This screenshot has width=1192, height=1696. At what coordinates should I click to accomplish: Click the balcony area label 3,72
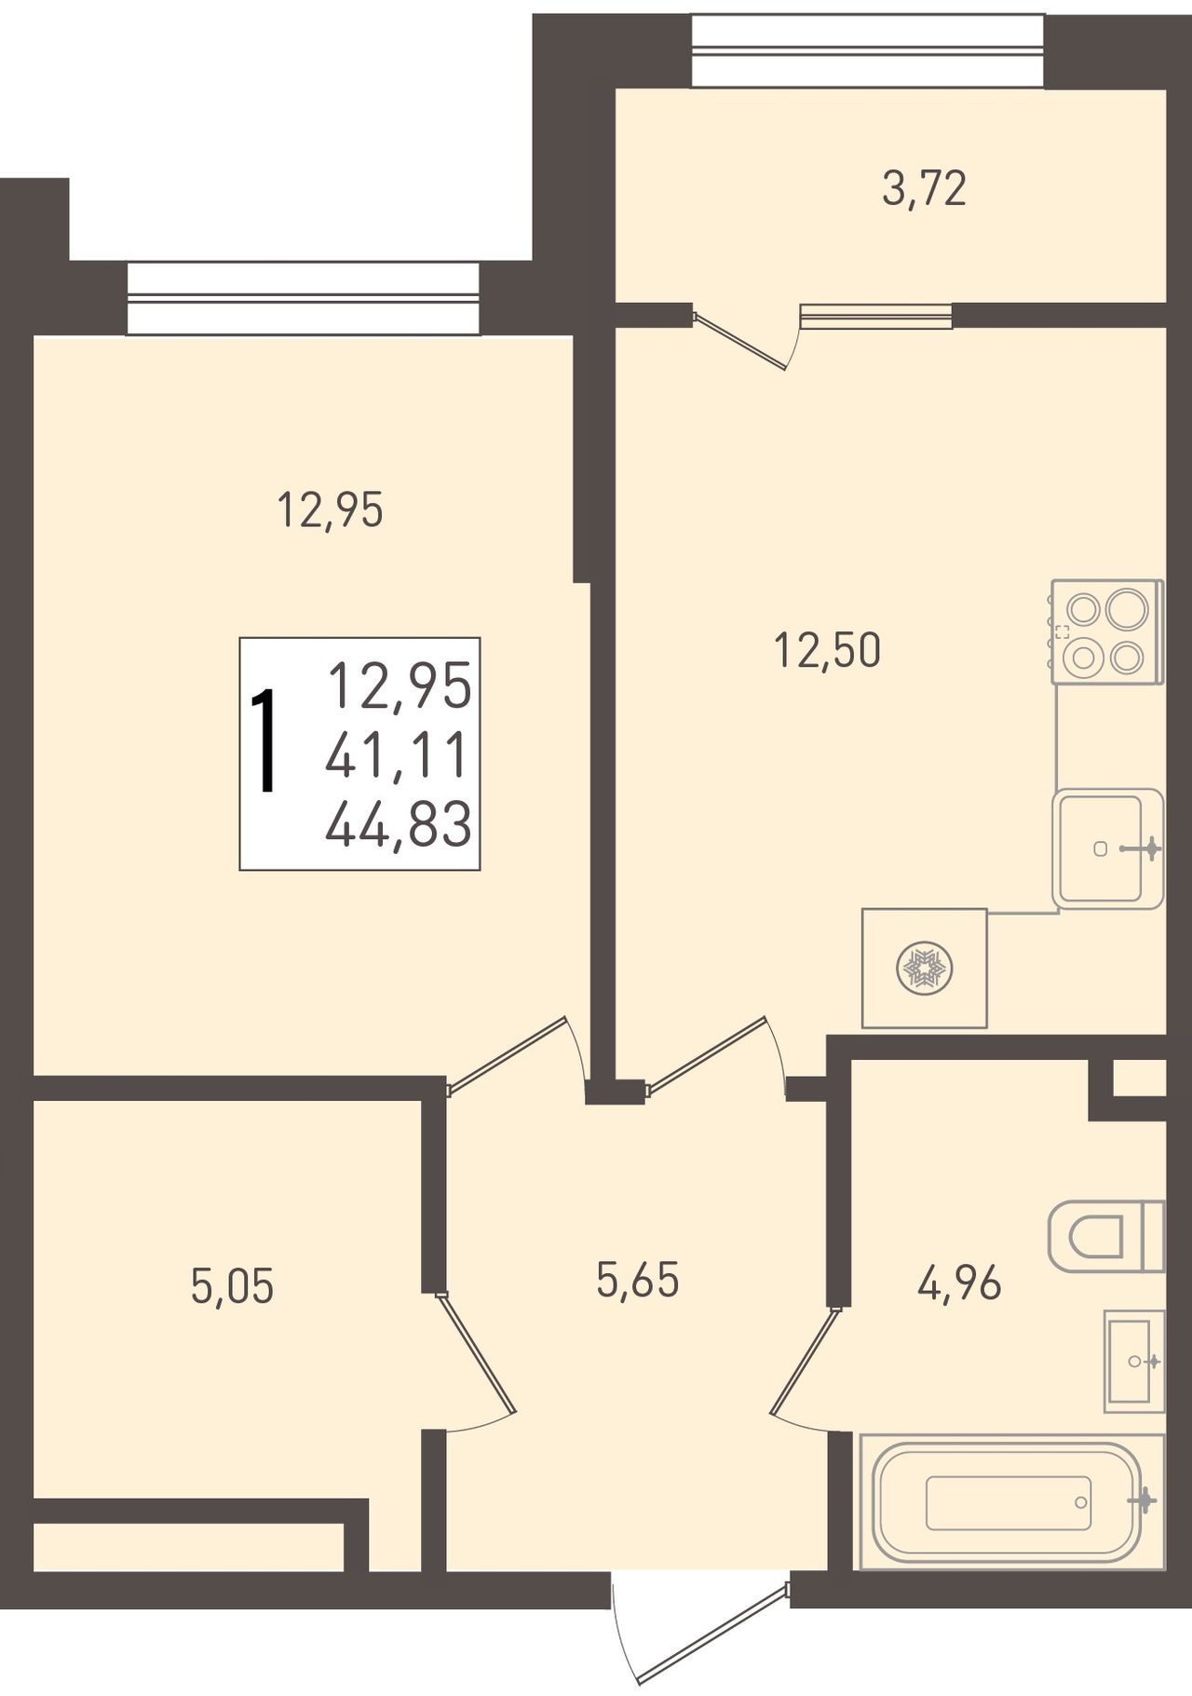point(924,189)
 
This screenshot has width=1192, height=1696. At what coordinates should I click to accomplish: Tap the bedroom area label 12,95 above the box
point(331,510)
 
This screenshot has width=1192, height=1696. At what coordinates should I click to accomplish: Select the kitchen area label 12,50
point(827,650)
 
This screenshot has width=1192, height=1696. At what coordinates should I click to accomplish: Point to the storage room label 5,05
point(232,1287)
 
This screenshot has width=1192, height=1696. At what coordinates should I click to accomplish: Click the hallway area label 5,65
point(638,1280)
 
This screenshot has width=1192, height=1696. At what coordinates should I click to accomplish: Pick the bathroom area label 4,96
point(959,1284)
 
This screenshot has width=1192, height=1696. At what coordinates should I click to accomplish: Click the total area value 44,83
point(399,826)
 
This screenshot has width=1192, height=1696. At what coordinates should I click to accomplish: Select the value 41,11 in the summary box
point(396,756)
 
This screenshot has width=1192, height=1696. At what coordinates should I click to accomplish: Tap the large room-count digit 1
point(265,740)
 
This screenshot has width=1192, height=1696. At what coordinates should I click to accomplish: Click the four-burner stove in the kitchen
point(1107,631)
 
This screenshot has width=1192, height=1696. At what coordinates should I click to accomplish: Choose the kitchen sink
point(1108,848)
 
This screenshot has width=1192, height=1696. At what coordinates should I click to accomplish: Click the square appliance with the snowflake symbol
point(924,968)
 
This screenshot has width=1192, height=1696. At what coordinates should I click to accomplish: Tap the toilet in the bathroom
point(1106,1236)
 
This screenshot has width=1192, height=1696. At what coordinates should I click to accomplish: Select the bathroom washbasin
point(1134,1361)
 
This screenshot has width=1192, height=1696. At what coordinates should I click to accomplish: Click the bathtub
point(1011,1501)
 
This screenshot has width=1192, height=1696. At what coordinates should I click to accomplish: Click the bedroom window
point(303,297)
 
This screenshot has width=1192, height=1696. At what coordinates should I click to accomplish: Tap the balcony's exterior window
point(868,52)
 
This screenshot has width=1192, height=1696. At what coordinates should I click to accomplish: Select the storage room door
point(475,1361)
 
